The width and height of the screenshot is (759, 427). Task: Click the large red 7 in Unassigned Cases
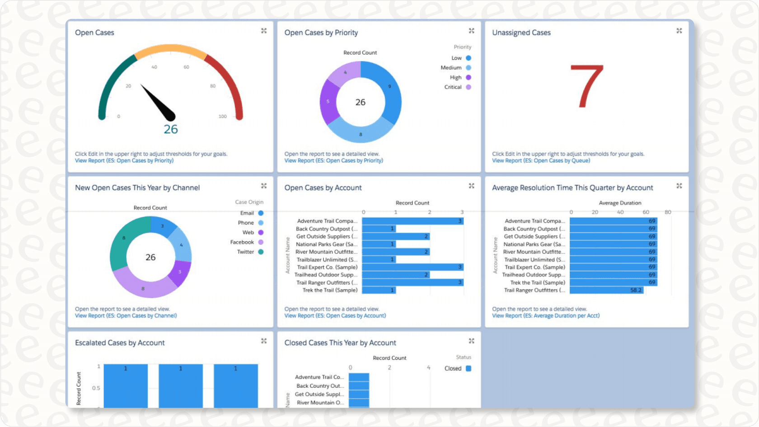(587, 86)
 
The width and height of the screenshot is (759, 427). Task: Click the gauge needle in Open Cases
(158, 102)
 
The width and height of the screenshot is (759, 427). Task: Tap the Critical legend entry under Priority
(457, 87)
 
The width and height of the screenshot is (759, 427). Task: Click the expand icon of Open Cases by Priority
(471, 31)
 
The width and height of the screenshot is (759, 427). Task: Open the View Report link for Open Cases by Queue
(541, 161)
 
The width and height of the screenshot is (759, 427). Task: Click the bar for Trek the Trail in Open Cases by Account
(379, 291)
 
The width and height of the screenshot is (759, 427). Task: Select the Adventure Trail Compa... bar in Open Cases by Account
(412, 221)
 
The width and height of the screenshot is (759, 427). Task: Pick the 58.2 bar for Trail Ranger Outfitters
(606, 291)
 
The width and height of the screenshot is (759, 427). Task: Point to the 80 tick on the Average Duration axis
(668, 212)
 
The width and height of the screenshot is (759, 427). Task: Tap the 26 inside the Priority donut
(360, 103)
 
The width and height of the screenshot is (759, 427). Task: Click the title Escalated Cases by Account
(120, 343)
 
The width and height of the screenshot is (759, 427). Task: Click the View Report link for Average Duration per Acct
(546, 316)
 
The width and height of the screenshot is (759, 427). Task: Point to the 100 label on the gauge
(222, 117)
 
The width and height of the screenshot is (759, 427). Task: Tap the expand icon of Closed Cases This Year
(471, 341)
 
